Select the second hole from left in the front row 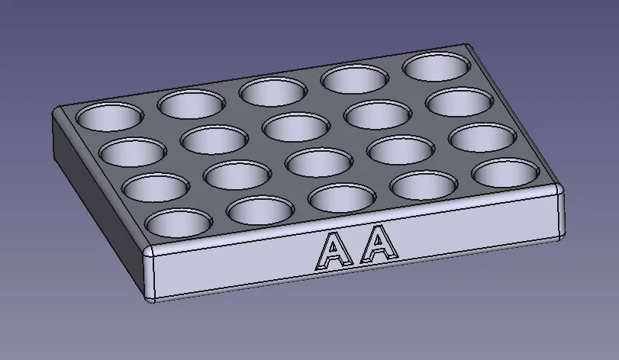(260, 209)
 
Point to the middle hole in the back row (272, 92)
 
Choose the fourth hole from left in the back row (353, 79)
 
